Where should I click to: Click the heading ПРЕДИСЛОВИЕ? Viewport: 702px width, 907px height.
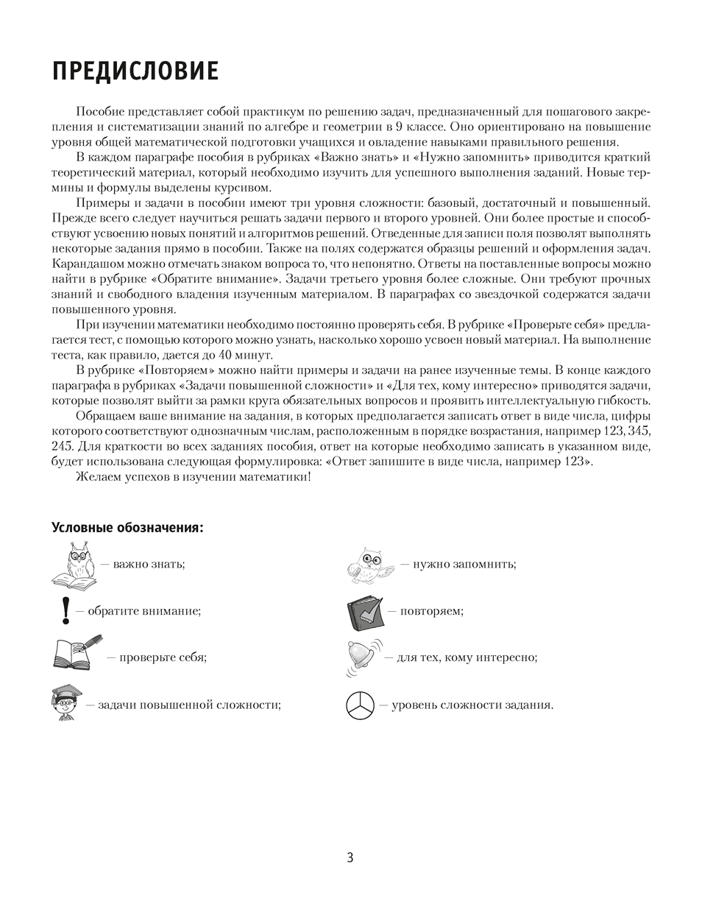pos(135,71)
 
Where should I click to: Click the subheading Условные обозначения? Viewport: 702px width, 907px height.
pos(127,528)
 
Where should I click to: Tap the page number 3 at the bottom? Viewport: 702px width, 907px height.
pos(350,858)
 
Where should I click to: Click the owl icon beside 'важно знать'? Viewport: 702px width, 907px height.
pos(74,564)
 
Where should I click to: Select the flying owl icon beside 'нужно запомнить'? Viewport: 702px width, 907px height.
pos(369,565)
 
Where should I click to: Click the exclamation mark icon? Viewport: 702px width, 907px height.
pos(65,610)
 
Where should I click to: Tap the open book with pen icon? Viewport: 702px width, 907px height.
pos(77,653)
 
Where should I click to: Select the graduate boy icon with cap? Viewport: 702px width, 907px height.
pos(66,702)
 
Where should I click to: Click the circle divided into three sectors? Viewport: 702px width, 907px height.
pos(360,705)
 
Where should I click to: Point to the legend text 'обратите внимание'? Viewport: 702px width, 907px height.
pos(144,611)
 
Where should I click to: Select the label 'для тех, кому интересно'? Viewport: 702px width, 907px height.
pos(467,657)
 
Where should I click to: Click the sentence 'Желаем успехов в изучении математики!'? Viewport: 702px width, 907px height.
pos(194,477)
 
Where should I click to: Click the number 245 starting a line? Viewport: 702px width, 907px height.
pos(62,447)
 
